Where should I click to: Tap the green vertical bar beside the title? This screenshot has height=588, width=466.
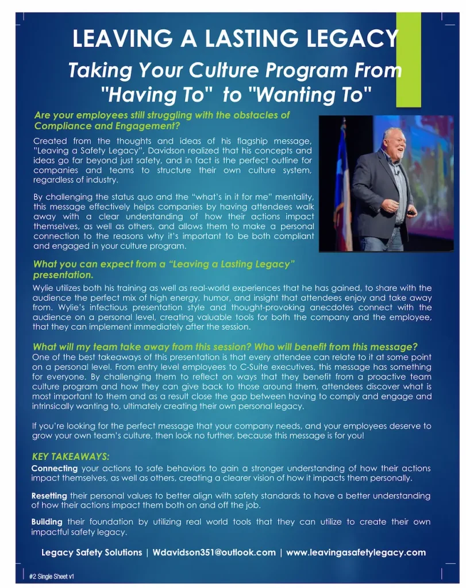click(x=409, y=60)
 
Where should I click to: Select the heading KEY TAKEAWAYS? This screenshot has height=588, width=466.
click(x=70, y=457)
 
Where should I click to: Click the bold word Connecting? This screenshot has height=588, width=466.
click(x=54, y=469)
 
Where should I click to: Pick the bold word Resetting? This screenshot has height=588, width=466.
click(x=49, y=496)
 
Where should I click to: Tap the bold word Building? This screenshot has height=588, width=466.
click(x=47, y=522)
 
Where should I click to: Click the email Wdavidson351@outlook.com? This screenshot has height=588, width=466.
click(x=214, y=552)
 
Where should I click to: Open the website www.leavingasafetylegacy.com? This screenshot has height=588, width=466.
click(x=356, y=552)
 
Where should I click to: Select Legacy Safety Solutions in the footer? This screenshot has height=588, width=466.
click(x=91, y=552)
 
